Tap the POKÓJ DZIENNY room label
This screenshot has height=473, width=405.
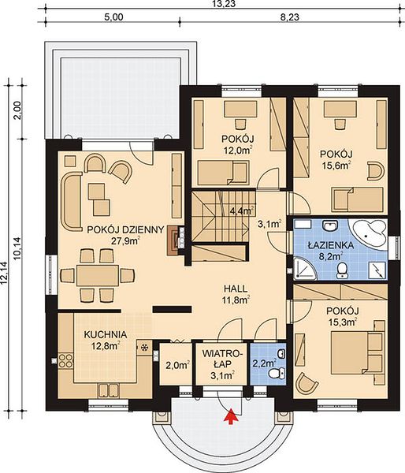[x=125, y=229]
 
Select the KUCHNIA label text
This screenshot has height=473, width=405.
[x=106, y=334]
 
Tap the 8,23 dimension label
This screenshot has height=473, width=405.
[x=290, y=17]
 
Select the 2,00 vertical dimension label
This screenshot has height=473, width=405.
[x=17, y=110]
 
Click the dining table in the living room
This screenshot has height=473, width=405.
[x=98, y=275]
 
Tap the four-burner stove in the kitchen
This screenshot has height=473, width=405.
[x=65, y=360]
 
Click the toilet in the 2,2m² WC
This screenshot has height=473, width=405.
[x=277, y=373]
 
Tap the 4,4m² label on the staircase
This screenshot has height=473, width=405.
[x=242, y=210]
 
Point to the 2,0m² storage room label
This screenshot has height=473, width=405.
[x=177, y=365]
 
